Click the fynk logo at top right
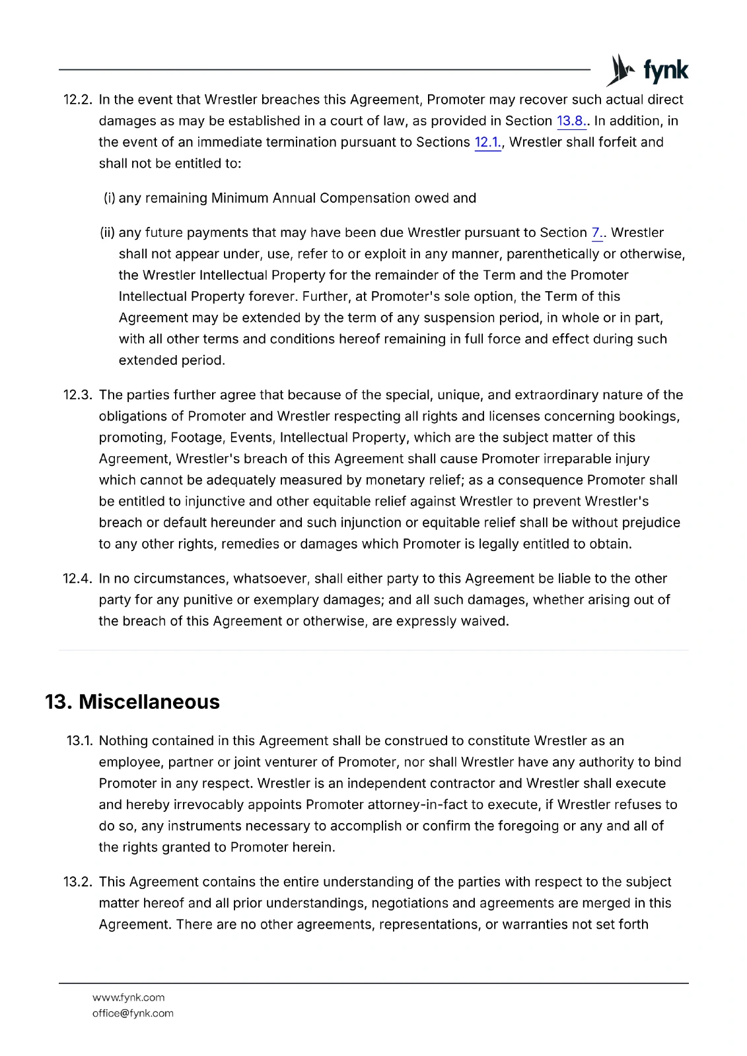(647, 70)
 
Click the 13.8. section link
(571, 121)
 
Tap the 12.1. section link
(487, 142)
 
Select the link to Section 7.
(596, 232)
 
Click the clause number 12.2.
(77, 100)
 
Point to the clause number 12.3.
(77, 395)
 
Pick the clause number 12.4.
(77, 578)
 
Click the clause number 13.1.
(79, 741)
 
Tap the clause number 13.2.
(77, 882)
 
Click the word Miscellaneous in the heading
(149, 702)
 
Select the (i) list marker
(110, 198)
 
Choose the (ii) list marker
(108, 232)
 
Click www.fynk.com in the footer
(129, 997)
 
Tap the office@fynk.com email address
(133, 1013)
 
